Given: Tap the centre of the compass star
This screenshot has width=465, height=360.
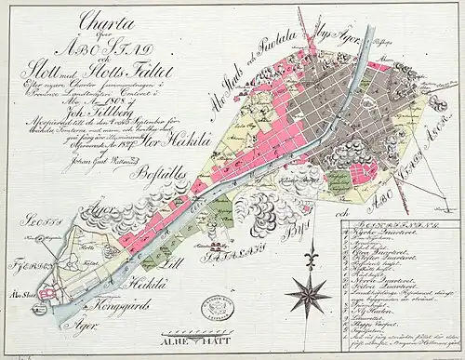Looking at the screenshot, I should [x=305, y=296].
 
